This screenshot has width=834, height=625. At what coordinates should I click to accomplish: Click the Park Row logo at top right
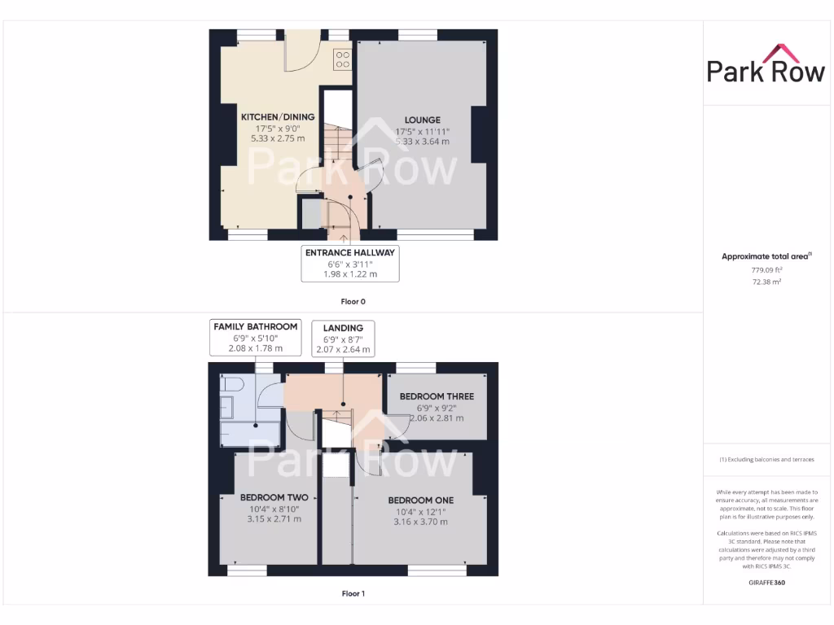[766, 64]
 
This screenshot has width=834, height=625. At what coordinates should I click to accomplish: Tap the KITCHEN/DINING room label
[278, 117]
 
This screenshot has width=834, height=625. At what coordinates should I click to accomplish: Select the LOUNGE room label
[422, 120]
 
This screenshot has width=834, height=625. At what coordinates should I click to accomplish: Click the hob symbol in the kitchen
[343, 59]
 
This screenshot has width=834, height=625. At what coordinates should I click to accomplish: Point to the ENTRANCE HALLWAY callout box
[350, 264]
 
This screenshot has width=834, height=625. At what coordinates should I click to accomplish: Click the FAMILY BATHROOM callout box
[255, 337]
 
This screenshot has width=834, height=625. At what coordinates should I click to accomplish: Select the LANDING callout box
[343, 339]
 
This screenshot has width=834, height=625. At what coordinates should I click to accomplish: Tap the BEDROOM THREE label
[437, 396]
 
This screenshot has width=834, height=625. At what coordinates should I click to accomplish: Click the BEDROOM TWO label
[274, 497]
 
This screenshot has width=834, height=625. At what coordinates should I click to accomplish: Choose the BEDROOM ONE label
[420, 500]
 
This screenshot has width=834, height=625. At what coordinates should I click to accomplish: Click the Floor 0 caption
[353, 302]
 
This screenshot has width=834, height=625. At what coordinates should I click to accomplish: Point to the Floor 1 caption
[353, 593]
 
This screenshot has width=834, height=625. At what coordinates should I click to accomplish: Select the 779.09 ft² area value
[766, 269]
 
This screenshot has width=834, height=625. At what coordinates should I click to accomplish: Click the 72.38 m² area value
[766, 281]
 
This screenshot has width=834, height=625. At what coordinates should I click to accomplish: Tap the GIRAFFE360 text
[766, 583]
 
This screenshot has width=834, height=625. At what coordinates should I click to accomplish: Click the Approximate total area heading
[766, 256]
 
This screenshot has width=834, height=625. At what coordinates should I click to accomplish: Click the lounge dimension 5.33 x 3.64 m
[422, 142]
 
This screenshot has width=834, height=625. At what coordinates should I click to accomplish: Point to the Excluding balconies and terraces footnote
[766, 460]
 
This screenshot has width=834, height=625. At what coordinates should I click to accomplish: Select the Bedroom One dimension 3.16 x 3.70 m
[420, 522]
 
